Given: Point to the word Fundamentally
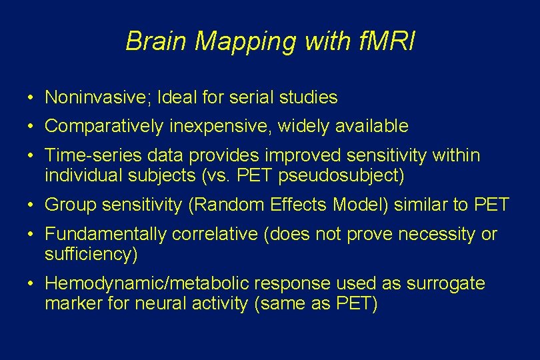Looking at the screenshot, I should [106, 235].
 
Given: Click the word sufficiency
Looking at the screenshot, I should [89, 255].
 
